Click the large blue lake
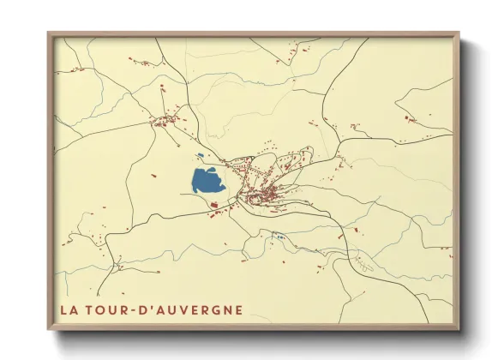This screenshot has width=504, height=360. pos(207,180)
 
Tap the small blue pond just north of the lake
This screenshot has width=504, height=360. pos(200,156)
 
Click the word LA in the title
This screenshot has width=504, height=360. pos(69,309)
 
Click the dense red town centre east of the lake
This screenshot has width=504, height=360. pos(261,198)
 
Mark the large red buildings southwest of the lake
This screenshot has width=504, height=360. pos(214,205)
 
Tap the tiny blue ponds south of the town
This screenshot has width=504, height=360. pos(278,235)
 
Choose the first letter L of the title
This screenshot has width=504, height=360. pos(64,309)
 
